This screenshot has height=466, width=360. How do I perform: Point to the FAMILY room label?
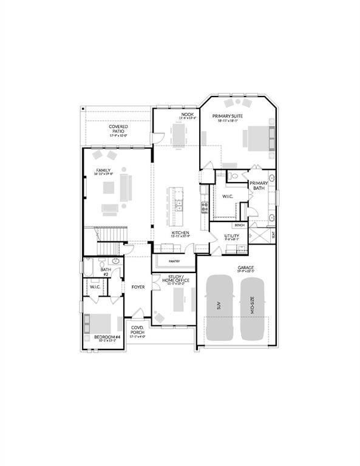[103, 171]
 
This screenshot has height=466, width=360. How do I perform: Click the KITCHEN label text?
[180, 233]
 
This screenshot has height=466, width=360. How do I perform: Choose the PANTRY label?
[174, 262]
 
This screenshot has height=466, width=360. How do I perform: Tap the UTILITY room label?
[231, 236]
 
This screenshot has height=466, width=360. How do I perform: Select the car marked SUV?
[219, 306]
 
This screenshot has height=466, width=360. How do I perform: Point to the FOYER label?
[137, 286]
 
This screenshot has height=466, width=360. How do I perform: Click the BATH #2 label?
[105, 272]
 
